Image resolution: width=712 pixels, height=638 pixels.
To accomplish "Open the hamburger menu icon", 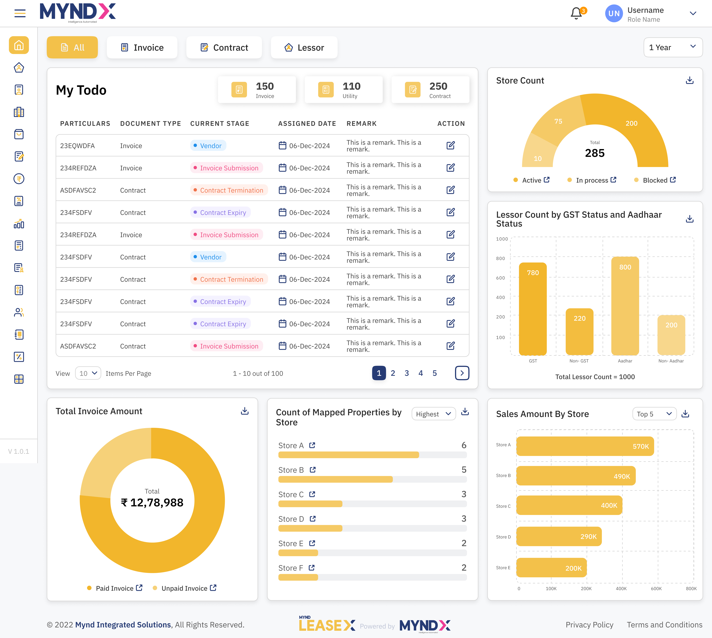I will (20, 13).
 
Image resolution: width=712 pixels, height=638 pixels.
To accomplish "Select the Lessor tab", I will (304, 47).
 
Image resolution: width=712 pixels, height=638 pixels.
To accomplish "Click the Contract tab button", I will (224, 47).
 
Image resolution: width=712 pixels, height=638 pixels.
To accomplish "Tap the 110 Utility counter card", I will (343, 90).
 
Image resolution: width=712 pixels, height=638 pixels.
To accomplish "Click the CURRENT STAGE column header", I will (220, 123).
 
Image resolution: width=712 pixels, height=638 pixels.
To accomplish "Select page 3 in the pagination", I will (407, 373).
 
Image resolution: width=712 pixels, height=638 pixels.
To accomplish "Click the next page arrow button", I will (462, 373).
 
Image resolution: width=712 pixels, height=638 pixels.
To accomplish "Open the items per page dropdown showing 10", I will (88, 373).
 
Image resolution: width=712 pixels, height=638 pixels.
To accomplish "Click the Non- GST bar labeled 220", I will (579, 331).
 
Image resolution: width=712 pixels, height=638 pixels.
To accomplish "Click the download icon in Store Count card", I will (689, 80).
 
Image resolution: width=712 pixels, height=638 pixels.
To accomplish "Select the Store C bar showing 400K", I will (569, 505).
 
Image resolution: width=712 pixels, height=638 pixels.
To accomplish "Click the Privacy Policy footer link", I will (589, 625).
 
